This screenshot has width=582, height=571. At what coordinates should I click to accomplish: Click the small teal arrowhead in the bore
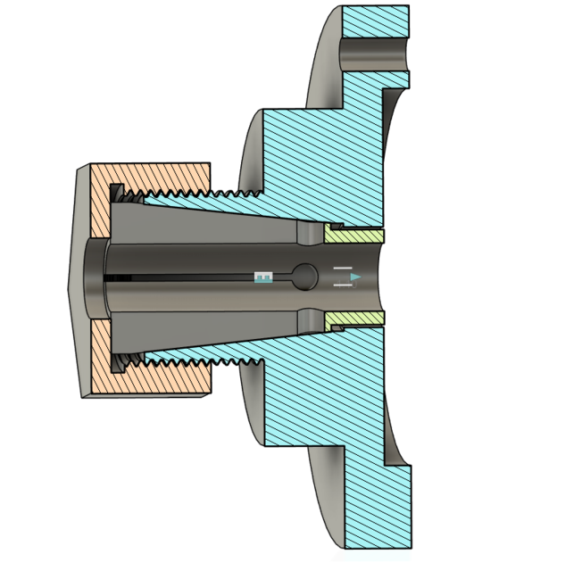(356, 278)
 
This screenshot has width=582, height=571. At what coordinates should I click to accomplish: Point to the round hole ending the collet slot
(304, 277)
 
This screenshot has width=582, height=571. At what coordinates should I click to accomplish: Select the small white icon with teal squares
(262, 278)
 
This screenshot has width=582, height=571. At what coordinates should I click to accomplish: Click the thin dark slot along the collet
(179, 277)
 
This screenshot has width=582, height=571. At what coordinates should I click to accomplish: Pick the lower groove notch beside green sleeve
(309, 319)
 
